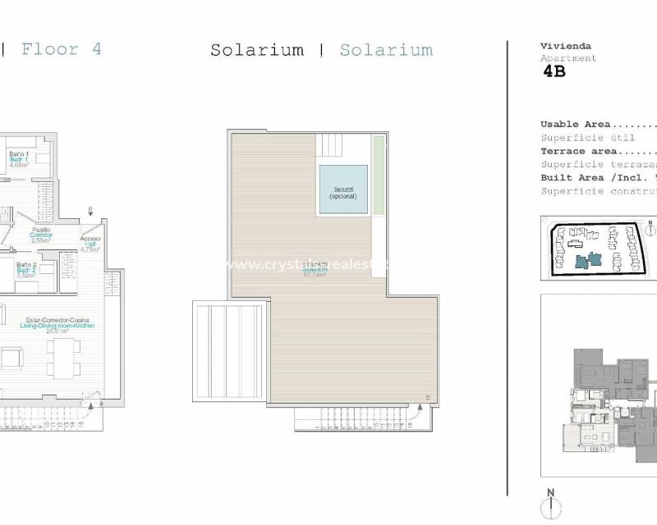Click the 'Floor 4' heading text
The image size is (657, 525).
pos(62,49)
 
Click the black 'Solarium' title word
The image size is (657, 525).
pos(256,50)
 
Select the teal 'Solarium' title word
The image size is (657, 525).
pos(386,50)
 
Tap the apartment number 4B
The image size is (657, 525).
pos(554,71)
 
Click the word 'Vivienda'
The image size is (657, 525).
pos(566,47)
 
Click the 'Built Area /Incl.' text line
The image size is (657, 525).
pos(591,177)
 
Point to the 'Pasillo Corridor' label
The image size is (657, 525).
pos(41,235)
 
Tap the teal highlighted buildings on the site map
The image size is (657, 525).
pos(587,260)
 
